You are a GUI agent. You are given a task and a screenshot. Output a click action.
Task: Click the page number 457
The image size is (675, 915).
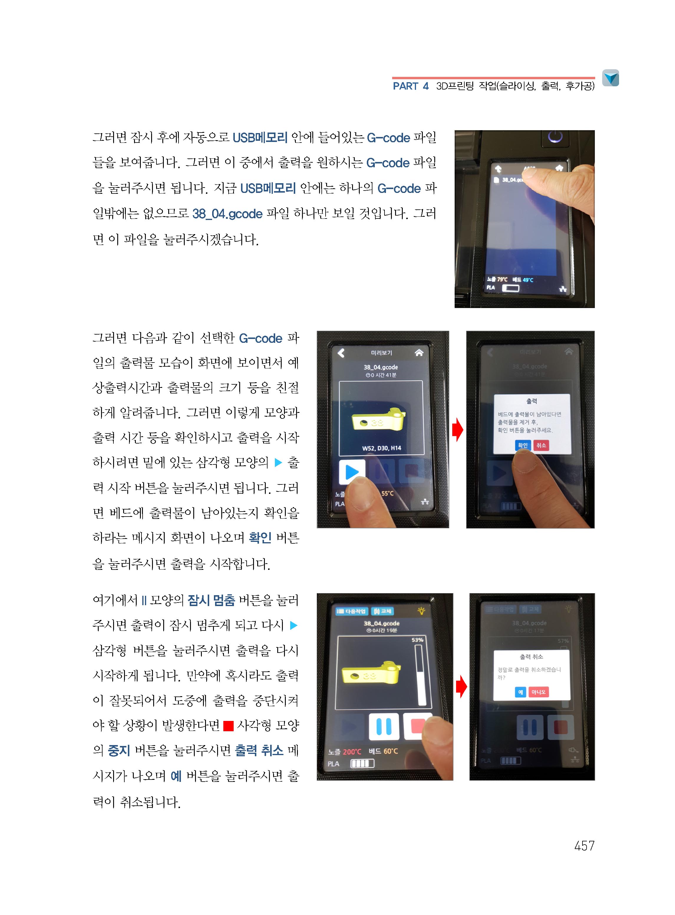pyautogui.click(x=584, y=845)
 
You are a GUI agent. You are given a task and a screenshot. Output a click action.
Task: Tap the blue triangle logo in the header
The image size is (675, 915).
pyautogui.click(x=610, y=77)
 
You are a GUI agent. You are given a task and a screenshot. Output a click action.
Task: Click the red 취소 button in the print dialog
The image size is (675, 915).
pyautogui.click(x=541, y=445)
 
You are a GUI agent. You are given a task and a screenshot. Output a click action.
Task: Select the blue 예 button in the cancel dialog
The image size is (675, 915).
pyautogui.click(x=520, y=692)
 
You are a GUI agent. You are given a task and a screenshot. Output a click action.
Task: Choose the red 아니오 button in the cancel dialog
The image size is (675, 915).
pyautogui.click(x=538, y=692)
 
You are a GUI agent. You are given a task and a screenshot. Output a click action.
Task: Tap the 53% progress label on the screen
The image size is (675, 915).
pyautogui.click(x=417, y=640)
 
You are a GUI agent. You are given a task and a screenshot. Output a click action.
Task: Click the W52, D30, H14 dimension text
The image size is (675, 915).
pyautogui.click(x=382, y=448)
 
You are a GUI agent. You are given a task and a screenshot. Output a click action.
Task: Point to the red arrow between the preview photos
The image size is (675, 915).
pyautogui.click(x=458, y=430)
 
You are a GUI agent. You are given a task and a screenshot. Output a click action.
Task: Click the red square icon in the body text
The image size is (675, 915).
pyautogui.click(x=228, y=726)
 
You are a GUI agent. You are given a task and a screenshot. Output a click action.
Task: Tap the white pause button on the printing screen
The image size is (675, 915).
pyautogui.click(x=384, y=726)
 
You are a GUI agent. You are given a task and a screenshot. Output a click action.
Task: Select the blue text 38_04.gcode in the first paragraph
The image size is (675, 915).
pyautogui.click(x=227, y=214)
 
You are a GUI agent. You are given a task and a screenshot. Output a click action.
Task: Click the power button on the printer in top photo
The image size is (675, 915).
pyautogui.click(x=555, y=137)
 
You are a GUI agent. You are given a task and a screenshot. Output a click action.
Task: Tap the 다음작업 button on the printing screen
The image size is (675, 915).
pyautogui.click(x=351, y=611)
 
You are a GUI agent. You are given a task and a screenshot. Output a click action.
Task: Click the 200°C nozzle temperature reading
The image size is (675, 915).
pyautogui.click(x=352, y=752)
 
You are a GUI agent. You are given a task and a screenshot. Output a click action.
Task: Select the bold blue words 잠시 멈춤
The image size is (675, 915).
pyautogui.click(x=211, y=600)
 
